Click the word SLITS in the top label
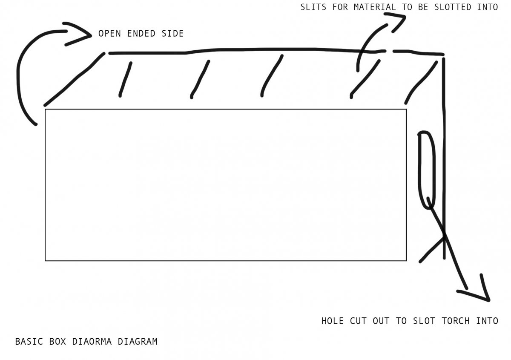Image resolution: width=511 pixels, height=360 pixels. [313, 7]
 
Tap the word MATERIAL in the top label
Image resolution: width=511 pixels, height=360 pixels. [375, 7]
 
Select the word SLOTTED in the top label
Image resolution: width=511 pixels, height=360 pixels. [453, 7]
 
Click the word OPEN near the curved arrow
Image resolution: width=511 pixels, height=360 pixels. [109, 34]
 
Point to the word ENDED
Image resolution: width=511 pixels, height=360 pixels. [141, 34]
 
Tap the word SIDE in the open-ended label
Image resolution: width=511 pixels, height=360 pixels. [172, 34]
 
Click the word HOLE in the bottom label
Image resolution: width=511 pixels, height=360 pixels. [333, 321]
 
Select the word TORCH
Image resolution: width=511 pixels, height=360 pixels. [456, 321]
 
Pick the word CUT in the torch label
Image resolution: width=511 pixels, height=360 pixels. [358, 321]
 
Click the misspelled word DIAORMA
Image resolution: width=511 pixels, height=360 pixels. [92, 342]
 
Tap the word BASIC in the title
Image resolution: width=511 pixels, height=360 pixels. [29, 342]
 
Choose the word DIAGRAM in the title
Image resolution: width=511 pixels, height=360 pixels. [138, 342]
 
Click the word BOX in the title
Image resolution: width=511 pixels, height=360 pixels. [57, 342]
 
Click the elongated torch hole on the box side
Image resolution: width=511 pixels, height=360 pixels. [426, 170]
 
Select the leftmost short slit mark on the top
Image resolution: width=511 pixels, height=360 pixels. [125, 79]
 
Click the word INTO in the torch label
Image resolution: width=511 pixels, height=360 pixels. [487, 321]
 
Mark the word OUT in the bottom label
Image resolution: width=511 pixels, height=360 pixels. [381, 321]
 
